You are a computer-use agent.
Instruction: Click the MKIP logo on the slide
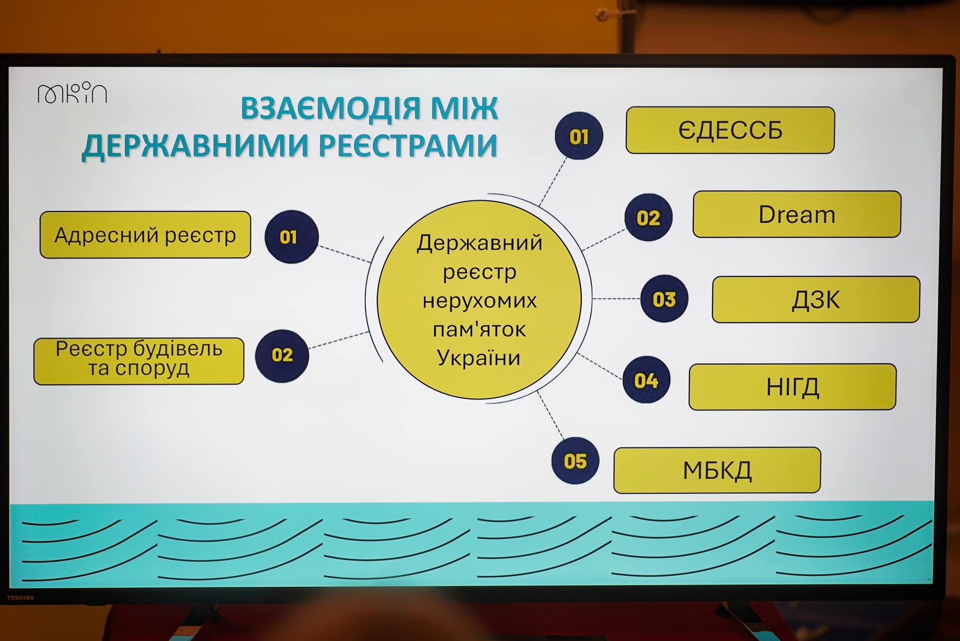coord(72,93)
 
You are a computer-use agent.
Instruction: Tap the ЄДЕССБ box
coord(730,130)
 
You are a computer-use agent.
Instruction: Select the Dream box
coord(797,214)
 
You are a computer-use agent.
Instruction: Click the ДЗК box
coord(816,299)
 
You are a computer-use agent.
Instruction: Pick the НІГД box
coord(793,387)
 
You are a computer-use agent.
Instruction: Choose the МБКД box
coord(717,470)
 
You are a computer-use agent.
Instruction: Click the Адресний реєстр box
coord(145,235)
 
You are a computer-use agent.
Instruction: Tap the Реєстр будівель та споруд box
coord(139,361)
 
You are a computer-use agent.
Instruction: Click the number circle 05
coord(575,461)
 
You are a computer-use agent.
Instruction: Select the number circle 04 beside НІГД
coord(646,380)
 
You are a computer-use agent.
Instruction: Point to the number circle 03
coord(664,298)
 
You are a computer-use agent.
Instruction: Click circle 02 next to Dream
coord(648,217)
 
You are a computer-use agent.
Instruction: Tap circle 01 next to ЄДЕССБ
coord(579,136)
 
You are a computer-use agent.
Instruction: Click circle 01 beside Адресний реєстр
coord(292,237)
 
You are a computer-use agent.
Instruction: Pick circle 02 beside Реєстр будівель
coord(282,355)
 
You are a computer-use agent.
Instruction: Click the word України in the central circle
coord(479,358)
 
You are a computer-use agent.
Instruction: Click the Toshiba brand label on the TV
coord(20,598)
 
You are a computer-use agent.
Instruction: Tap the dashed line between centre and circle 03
coord(616,298)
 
